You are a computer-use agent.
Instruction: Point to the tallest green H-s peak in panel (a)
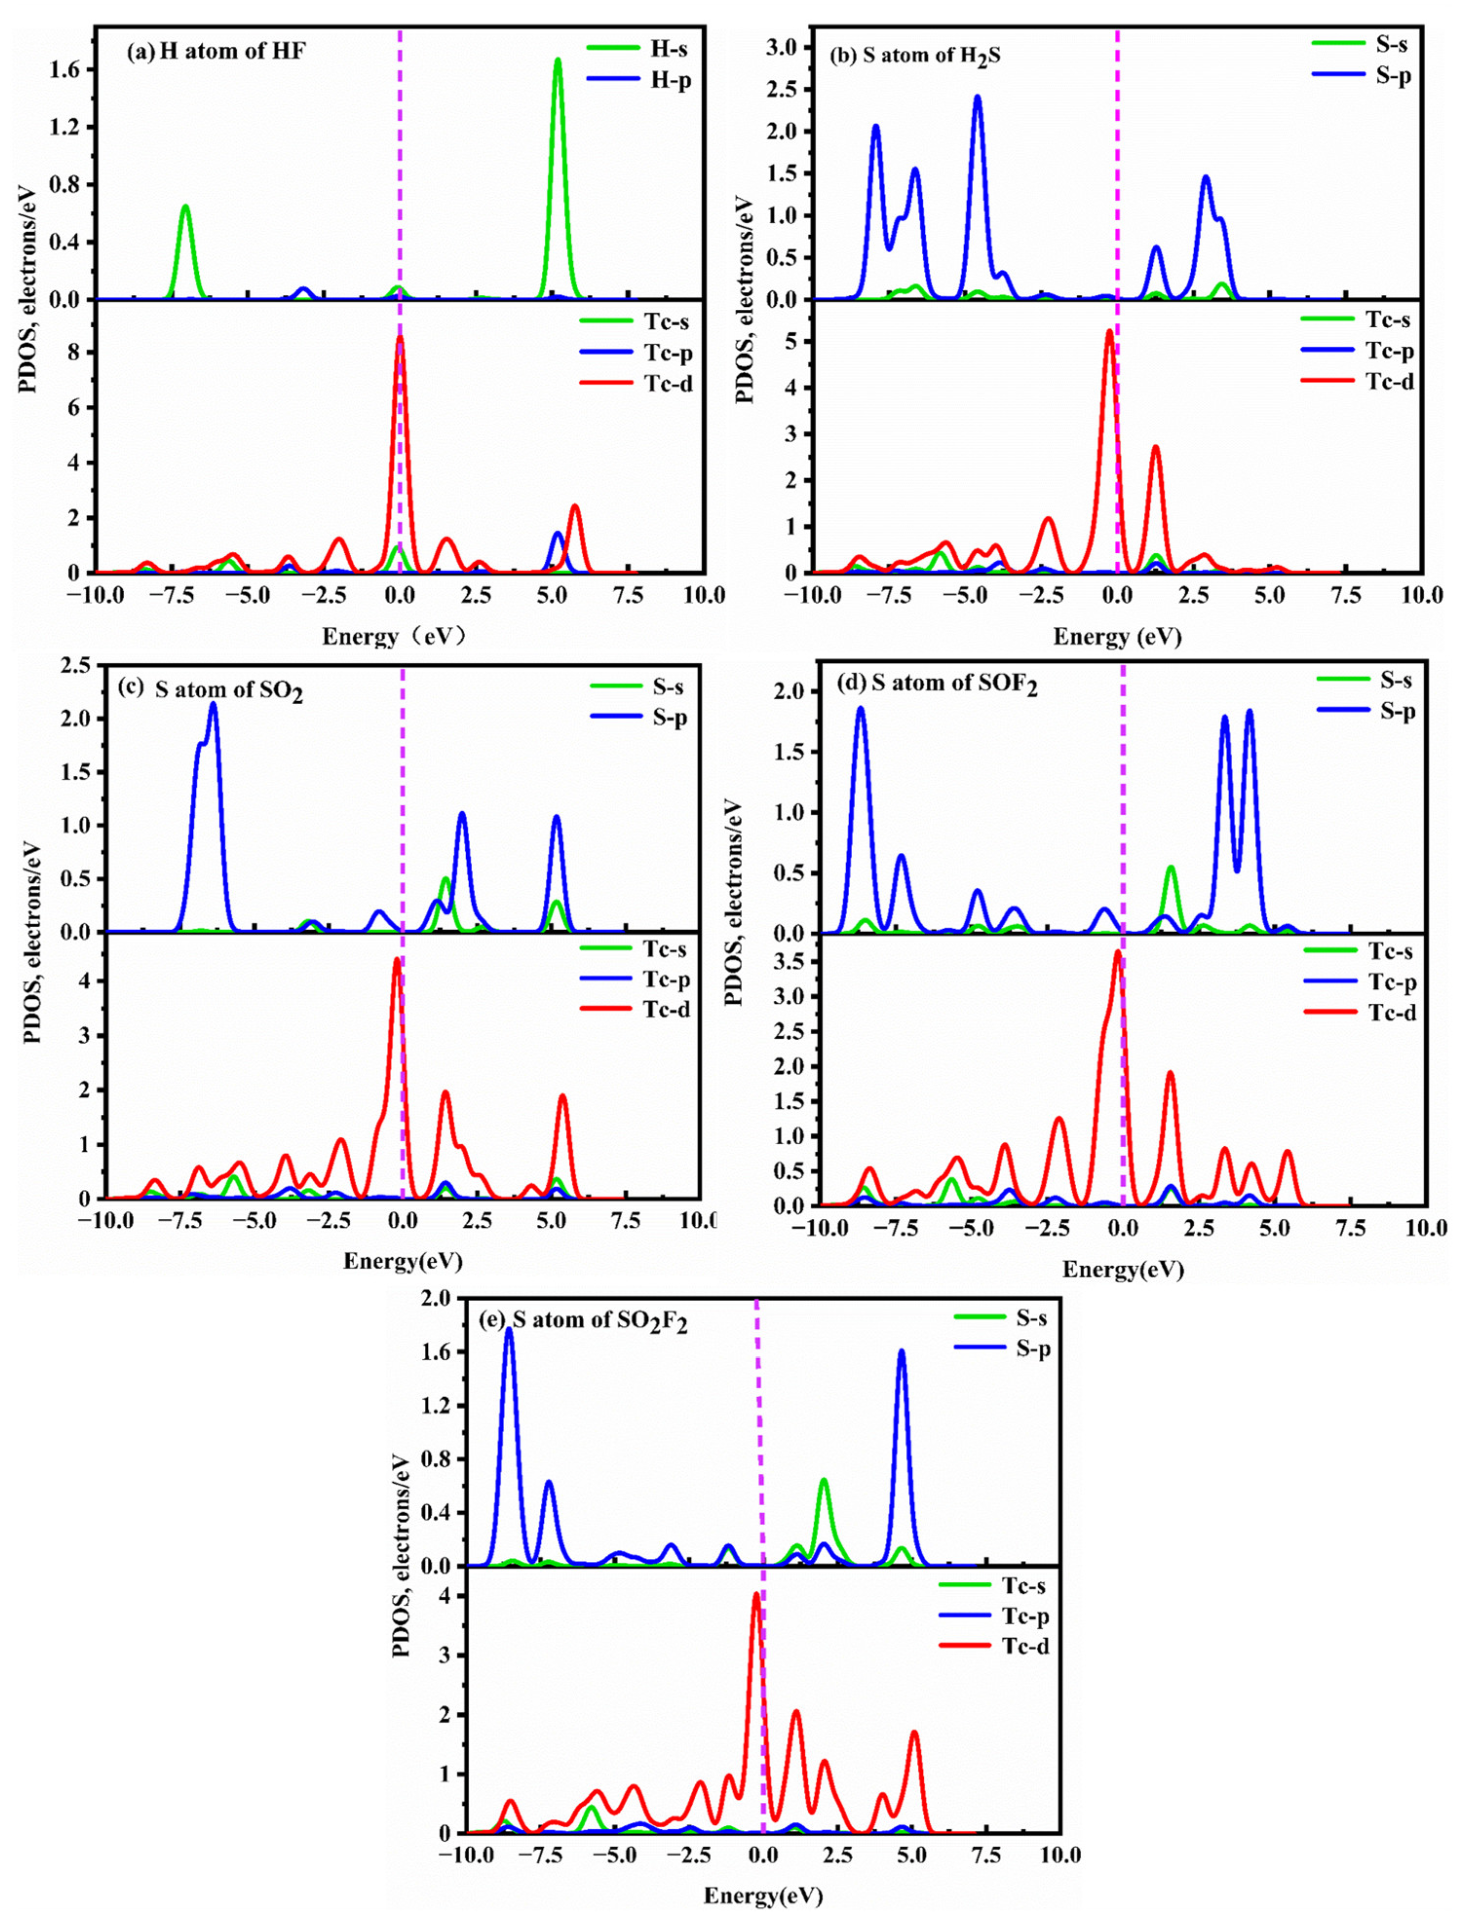click(x=557, y=61)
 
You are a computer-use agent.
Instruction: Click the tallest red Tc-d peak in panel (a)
click(x=400, y=338)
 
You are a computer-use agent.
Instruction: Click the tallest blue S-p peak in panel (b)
click(x=977, y=98)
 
